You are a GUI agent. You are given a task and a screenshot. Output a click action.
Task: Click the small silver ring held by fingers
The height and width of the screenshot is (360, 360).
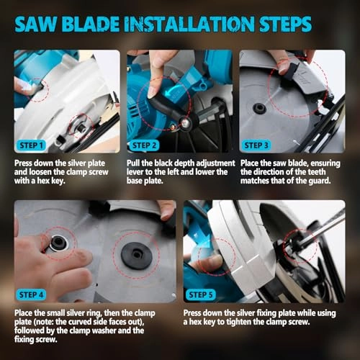pyautogui.click(x=58, y=243)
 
